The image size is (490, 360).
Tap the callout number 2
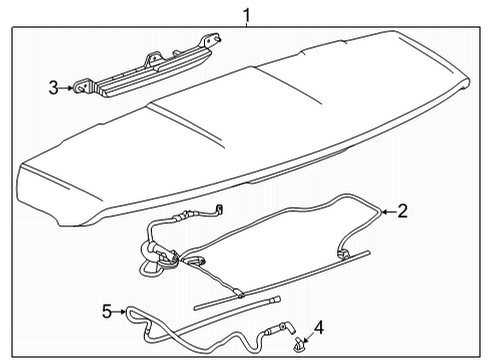401,210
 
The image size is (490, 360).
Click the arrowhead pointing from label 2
383,211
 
